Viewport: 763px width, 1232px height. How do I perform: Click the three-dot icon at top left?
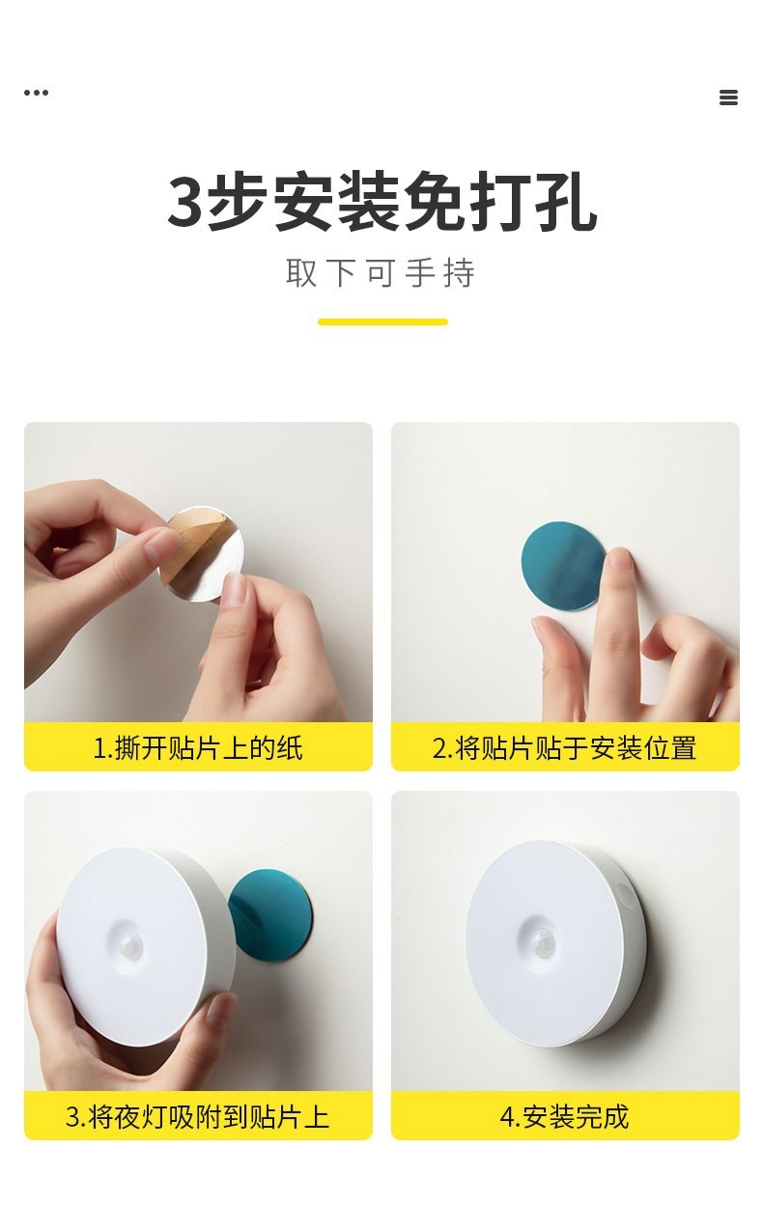coord(37,93)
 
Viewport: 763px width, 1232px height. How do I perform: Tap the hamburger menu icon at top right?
coord(728,98)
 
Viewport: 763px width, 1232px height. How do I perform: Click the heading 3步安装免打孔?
coord(381,202)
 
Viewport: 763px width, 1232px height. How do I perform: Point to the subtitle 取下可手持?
coord(381,272)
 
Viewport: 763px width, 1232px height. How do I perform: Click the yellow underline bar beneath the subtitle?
coord(382,322)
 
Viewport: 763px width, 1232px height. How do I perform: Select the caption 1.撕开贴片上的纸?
coord(198,748)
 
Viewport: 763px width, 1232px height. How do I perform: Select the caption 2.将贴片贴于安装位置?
coord(564,748)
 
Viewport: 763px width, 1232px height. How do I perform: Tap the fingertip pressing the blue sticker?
coord(620,558)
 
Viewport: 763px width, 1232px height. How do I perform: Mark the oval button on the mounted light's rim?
coord(625,897)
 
